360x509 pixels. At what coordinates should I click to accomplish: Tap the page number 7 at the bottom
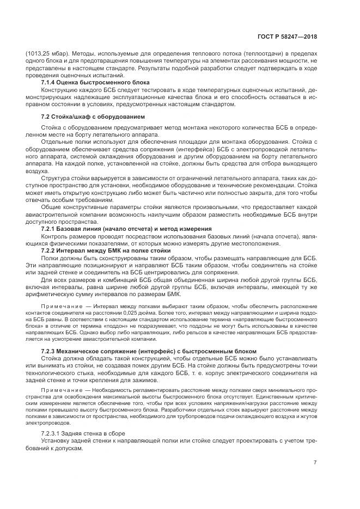(315, 462)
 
